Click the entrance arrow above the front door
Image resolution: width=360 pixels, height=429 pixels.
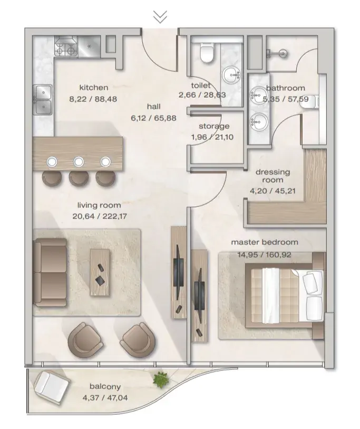pyautogui.click(x=160, y=17)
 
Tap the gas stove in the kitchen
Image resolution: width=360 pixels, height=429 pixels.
pyautogui.click(x=66, y=47)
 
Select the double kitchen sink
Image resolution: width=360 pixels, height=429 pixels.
pyautogui.click(x=43, y=99)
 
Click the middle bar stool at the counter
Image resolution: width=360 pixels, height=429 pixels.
pyautogui.click(x=79, y=178)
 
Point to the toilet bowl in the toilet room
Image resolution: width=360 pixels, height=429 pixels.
pyautogui.click(x=207, y=53)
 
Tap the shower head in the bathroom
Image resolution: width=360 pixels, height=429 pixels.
pyautogui.click(x=278, y=53)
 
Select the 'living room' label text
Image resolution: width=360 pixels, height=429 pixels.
pyautogui.click(x=99, y=205)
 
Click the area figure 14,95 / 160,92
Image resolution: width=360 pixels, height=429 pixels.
pyautogui.click(x=264, y=255)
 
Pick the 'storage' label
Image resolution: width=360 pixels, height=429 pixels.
pyautogui.click(x=214, y=126)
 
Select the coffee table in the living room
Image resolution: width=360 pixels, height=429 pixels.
pyautogui.click(x=100, y=272)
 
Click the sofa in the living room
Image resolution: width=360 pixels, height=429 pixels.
pyautogui.click(x=50, y=272)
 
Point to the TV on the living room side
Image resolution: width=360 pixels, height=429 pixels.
pyautogui.click(x=178, y=272)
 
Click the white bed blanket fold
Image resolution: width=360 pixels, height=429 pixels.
pyautogui.click(x=270, y=295)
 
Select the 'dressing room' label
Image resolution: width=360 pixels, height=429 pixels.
pyautogui.click(x=273, y=176)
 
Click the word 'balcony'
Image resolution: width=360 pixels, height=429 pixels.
pyautogui.click(x=105, y=387)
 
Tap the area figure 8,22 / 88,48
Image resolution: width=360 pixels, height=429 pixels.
pyautogui.click(x=93, y=99)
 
